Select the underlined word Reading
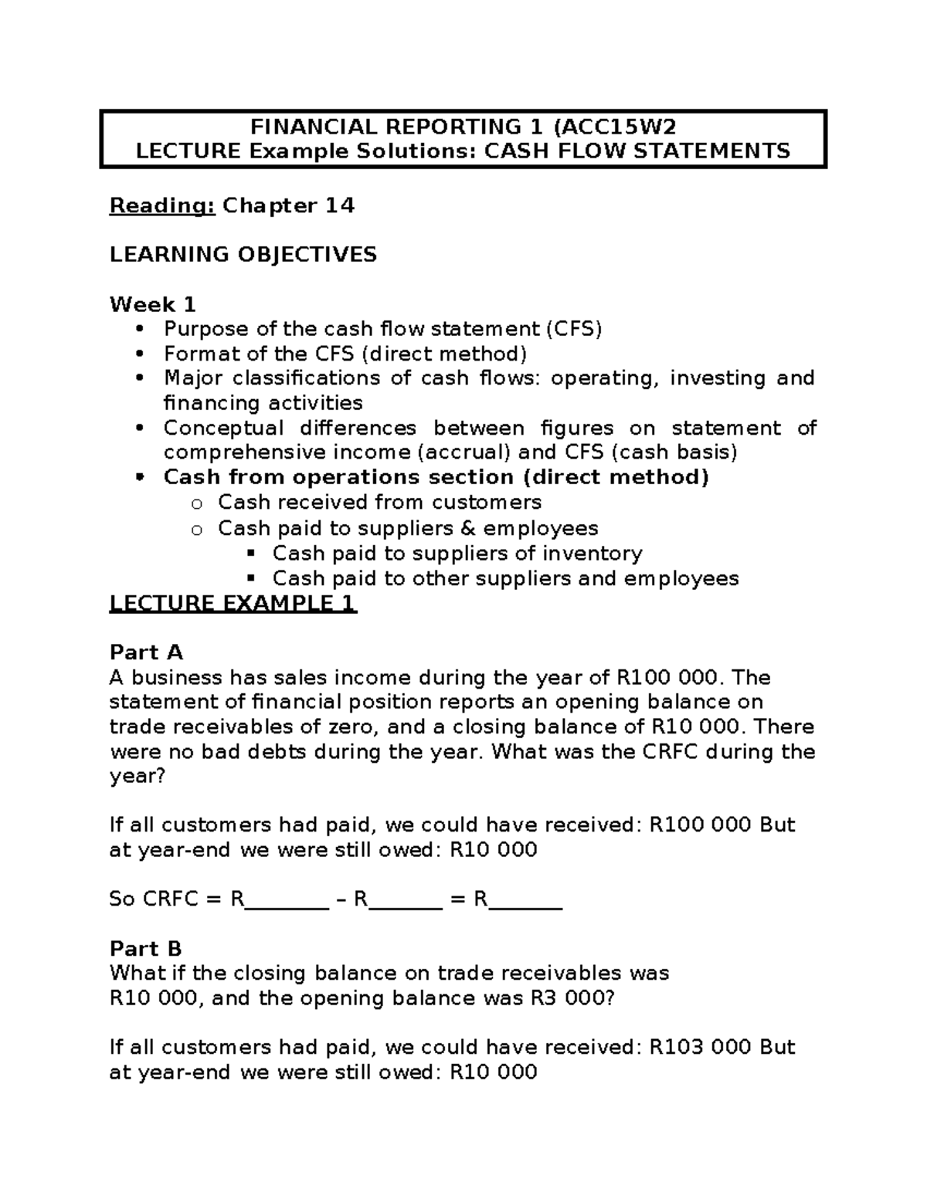(x=162, y=205)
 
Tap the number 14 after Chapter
(x=339, y=205)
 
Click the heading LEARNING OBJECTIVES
(x=243, y=254)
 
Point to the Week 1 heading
(x=152, y=304)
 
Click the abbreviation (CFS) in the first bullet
(x=573, y=329)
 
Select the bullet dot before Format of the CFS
(x=139, y=354)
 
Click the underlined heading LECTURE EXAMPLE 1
(x=233, y=603)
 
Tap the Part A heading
(x=146, y=652)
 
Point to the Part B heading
(x=146, y=948)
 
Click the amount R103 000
(x=700, y=1047)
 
